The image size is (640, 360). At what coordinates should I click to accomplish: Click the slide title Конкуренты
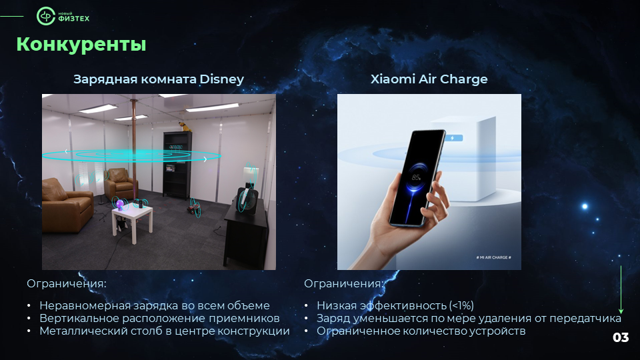pyautogui.click(x=81, y=45)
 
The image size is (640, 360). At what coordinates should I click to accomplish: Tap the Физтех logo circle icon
pyautogui.click(x=46, y=16)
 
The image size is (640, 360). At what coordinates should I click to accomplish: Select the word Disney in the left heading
pyautogui.click(x=221, y=79)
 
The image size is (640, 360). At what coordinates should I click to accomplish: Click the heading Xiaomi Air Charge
pyautogui.click(x=429, y=79)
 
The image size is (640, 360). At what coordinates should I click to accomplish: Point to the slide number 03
pyautogui.click(x=621, y=337)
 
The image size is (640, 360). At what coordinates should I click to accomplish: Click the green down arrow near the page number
pyautogui.click(x=621, y=290)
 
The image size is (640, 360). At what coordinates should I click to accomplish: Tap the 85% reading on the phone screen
pyautogui.click(x=416, y=177)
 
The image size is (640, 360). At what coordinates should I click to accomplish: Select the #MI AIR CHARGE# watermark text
pyautogui.click(x=493, y=257)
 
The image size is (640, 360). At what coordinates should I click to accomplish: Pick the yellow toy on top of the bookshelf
pyautogui.click(x=185, y=127)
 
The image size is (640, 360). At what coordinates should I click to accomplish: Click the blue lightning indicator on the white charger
pyautogui.click(x=454, y=138)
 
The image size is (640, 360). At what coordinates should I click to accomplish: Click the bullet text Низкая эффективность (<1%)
pyautogui.click(x=395, y=305)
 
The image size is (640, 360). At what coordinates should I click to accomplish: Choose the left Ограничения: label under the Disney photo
pyautogui.click(x=67, y=283)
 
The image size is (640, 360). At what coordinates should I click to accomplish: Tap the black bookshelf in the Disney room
pyautogui.click(x=177, y=164)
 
